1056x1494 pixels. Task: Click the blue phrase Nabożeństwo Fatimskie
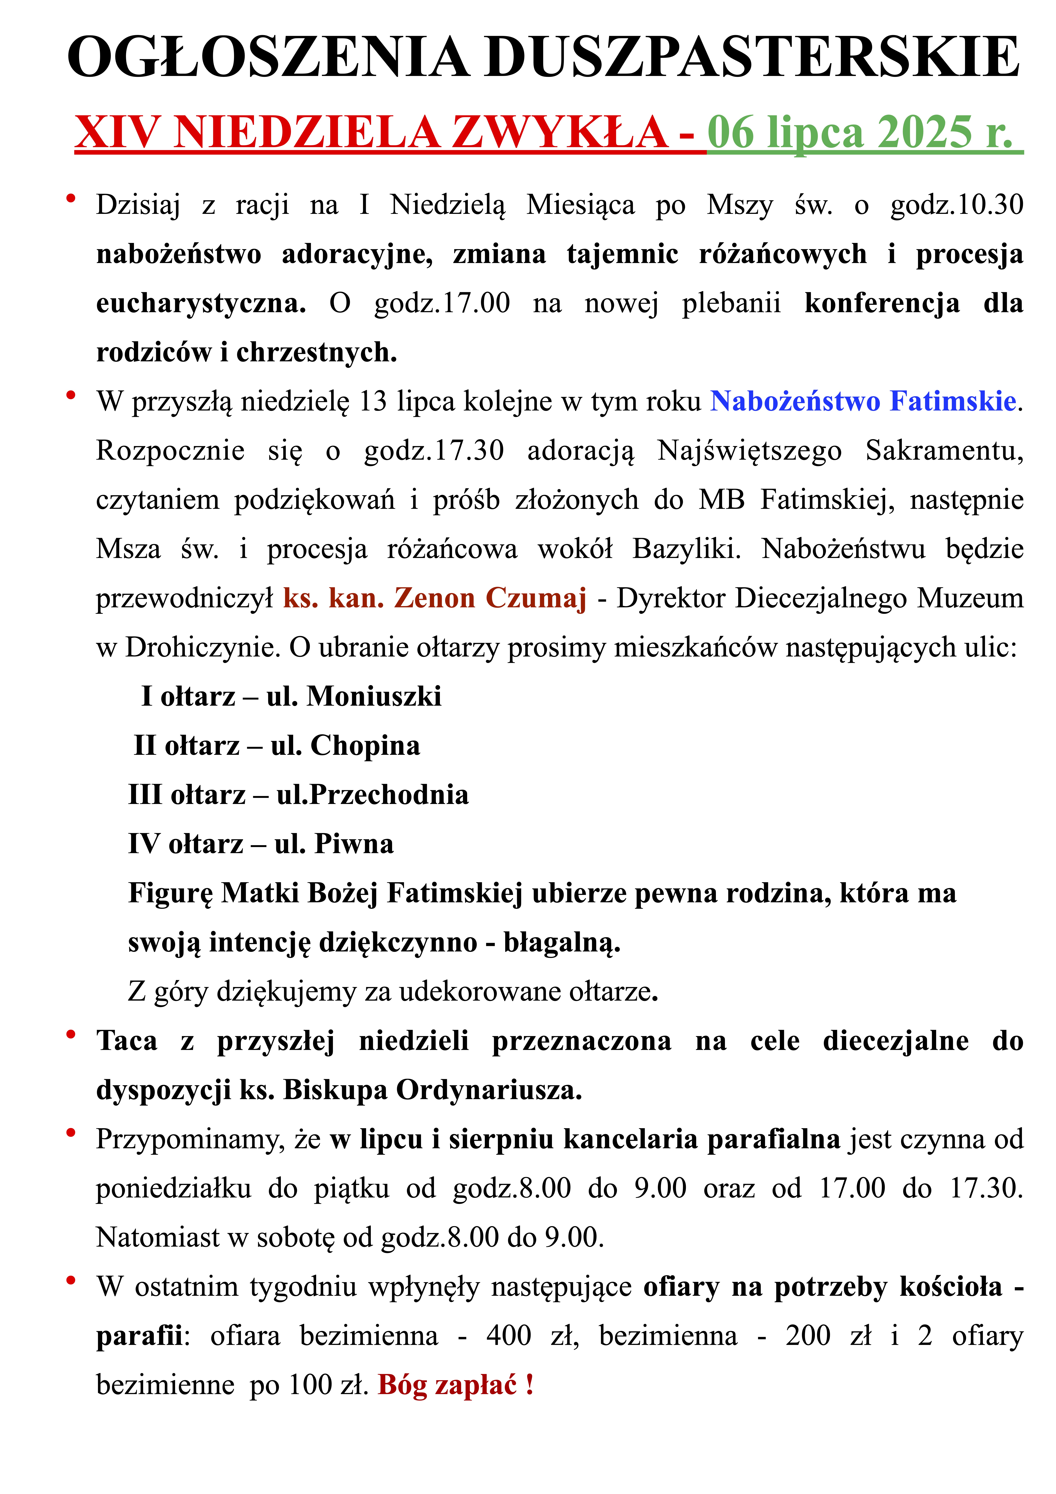[863, 401]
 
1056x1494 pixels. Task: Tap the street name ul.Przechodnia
[372, 795]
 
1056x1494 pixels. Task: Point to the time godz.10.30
[956, 205]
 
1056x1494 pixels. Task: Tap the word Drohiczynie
[202, 647]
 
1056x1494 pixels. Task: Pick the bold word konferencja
[882, 303]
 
